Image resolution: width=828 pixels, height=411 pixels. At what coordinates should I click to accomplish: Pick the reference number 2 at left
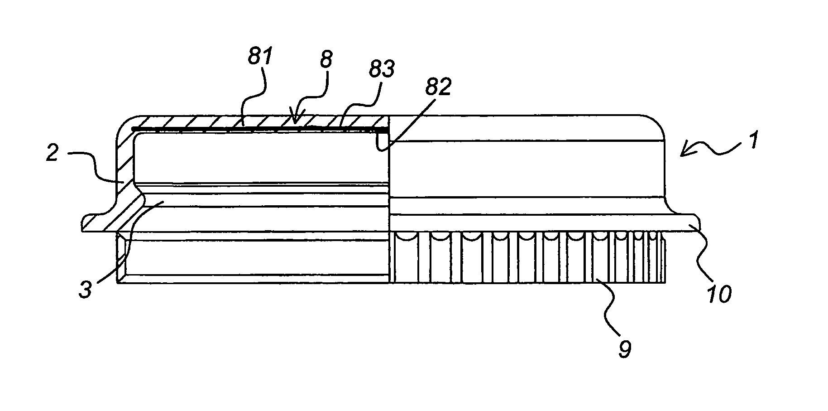click(53, 153)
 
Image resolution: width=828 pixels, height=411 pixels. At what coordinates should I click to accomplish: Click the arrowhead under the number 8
click(294, 118)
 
